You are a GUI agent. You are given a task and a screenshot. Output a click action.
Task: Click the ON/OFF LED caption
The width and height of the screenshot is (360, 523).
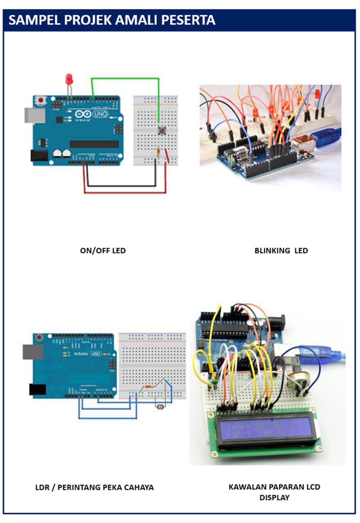(x=103, y=250)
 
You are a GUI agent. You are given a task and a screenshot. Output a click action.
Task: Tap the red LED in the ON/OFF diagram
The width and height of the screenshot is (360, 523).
(x=69, y=79)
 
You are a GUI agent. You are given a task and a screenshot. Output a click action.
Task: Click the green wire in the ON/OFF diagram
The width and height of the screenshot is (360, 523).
(x=125, y=78)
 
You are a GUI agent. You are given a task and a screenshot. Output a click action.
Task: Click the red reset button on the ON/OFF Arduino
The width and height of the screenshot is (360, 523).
(x=40, y=99)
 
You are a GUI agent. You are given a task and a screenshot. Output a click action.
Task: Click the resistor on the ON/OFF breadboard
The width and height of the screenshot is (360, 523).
(x=159, y=152)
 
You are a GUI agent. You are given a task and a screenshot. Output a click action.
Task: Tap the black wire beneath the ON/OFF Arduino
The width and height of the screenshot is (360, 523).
(x=119, y=186)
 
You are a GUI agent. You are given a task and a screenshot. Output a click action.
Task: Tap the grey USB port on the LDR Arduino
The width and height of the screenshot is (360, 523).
(x=32, y=352)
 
